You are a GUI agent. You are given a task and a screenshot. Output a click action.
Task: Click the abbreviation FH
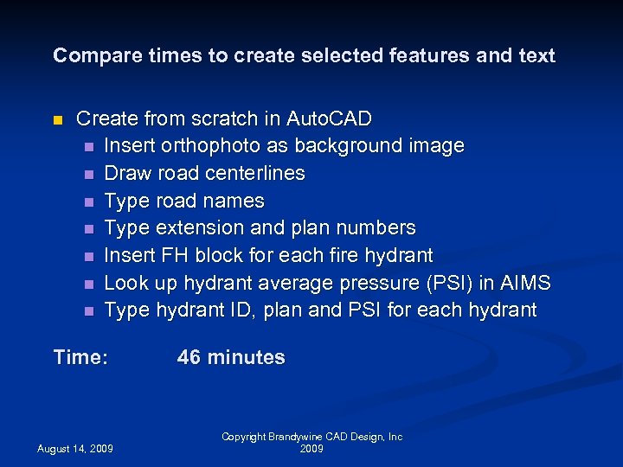pos(174,255)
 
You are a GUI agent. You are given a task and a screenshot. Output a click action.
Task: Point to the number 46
pos(189,357)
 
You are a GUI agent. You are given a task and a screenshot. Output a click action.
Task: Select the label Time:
pos(80,357)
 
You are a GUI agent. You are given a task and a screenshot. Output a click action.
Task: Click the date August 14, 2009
pos(74,448)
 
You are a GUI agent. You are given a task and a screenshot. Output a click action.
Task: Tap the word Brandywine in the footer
pos(298,438)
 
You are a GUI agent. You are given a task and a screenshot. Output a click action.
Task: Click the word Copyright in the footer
pos(243,438)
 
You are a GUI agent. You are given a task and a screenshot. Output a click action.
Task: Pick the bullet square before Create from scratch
pos(58,119)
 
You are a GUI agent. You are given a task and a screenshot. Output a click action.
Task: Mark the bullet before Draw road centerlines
pos(87,174)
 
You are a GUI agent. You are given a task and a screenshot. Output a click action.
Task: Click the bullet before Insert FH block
pos(87,256)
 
